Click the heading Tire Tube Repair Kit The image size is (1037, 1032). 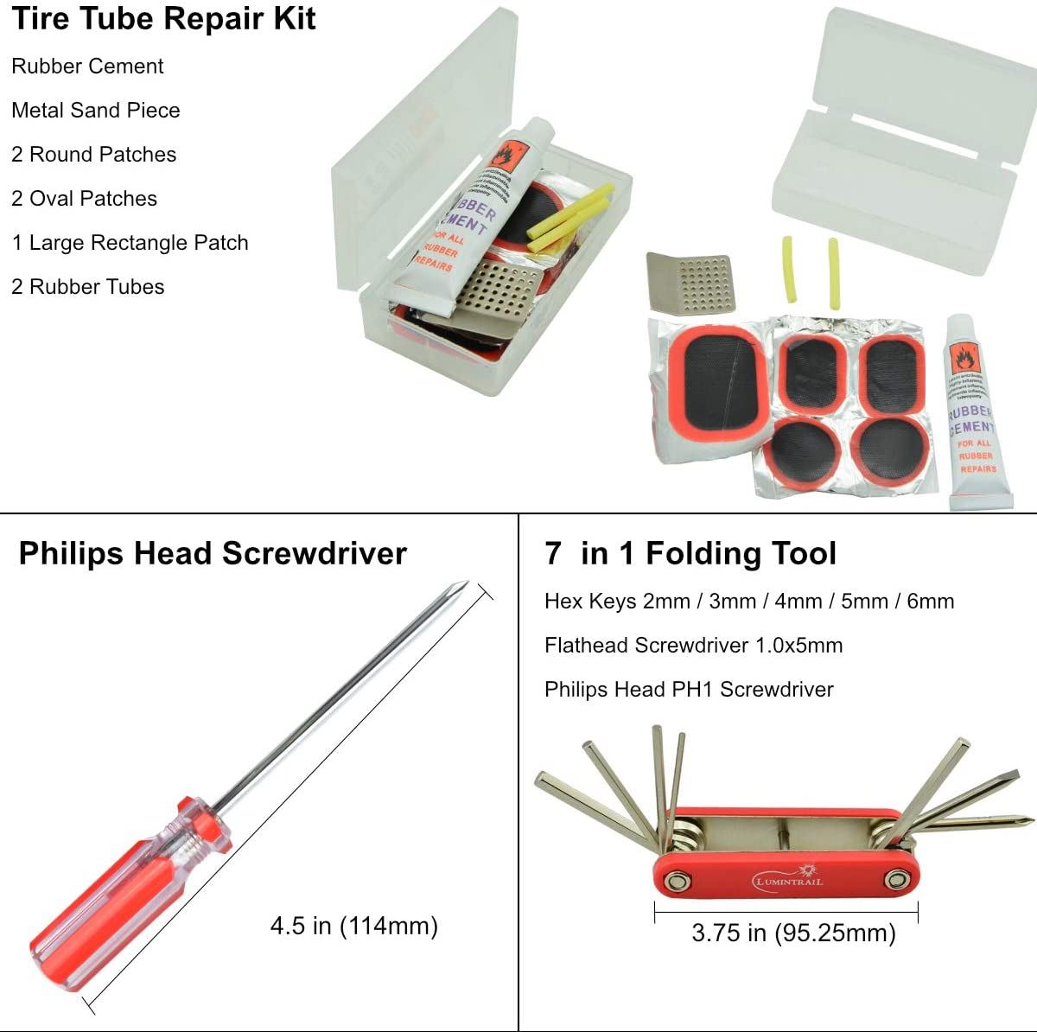[163, 19]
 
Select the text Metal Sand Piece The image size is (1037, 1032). [96, 111]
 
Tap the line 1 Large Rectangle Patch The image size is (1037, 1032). [130, 243]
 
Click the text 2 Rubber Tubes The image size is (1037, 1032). [87, 287]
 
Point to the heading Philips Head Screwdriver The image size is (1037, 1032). [213, 554]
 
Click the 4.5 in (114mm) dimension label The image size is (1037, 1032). [353, 927]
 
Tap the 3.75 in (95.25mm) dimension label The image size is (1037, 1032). [792, 933]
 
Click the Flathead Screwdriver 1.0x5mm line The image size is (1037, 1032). [693, 646]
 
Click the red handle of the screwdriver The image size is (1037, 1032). [104, 899]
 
